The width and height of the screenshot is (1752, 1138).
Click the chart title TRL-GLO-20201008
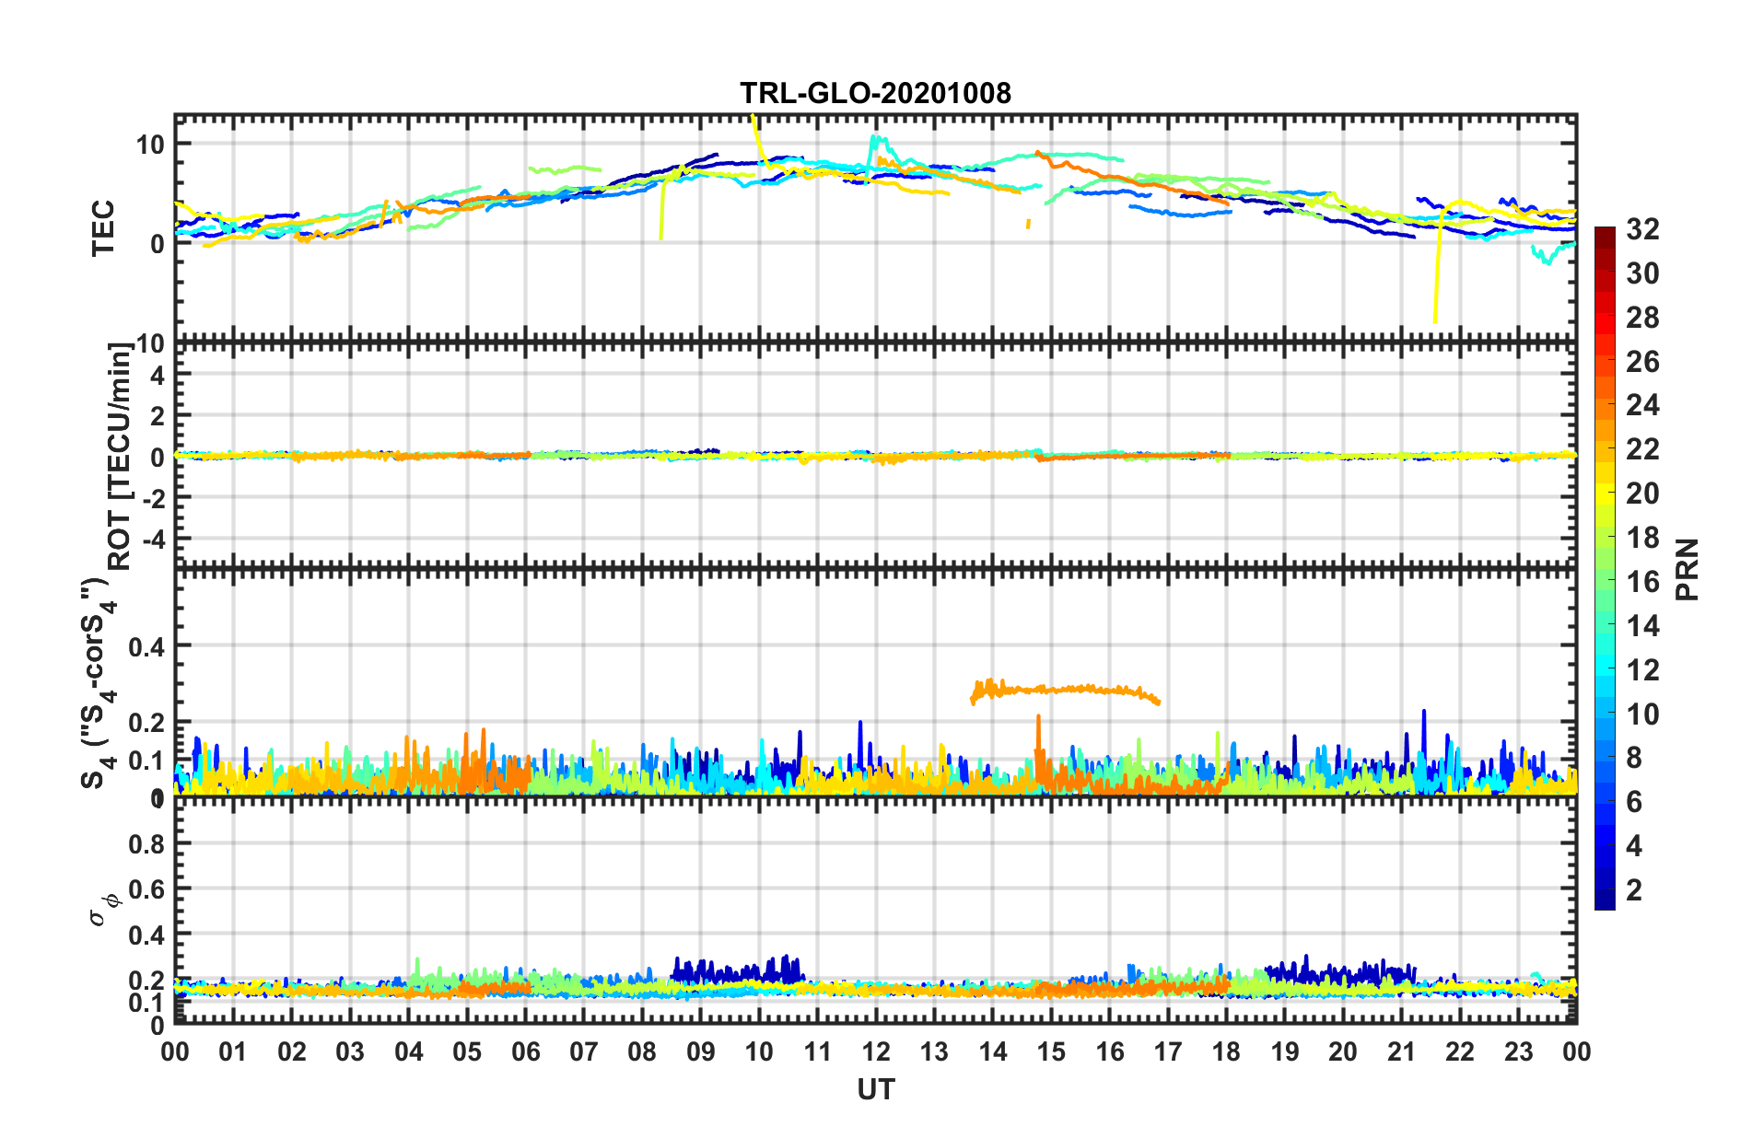pos(875,93)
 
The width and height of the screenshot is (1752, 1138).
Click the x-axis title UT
pos(875,1090)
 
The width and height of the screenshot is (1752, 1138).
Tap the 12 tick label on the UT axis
pos(875,1051)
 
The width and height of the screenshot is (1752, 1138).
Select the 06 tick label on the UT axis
pos(525,1051)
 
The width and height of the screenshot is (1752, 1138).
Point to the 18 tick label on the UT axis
pos(1226,1051)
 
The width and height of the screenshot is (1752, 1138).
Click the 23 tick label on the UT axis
pos(1518,1051)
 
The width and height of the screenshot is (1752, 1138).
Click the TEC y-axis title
pos(103,227)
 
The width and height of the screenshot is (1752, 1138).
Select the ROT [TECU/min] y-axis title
pos(120,457)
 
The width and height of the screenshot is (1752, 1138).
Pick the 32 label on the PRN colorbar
pos(1642,229)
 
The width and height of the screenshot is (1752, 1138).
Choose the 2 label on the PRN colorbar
pos(1634,889)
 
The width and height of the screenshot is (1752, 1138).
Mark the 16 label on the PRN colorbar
pos(1642,582)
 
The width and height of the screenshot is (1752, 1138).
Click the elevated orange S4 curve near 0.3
pos(1069,689)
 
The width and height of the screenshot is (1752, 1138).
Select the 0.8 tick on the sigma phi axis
pos(146,843)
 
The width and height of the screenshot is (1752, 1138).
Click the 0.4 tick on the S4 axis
pos(146,646)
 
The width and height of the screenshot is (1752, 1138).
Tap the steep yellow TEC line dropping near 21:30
pos(1436,276)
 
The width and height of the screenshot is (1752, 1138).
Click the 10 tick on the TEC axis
pos(150,144)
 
